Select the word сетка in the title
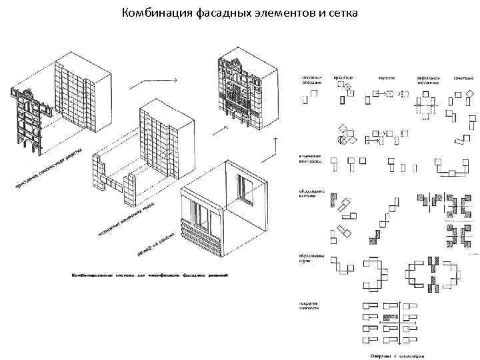click(341, 13)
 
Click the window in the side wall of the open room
click(245, 190)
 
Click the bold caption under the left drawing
click(149, 275)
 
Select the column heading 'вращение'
click(344, 78)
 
